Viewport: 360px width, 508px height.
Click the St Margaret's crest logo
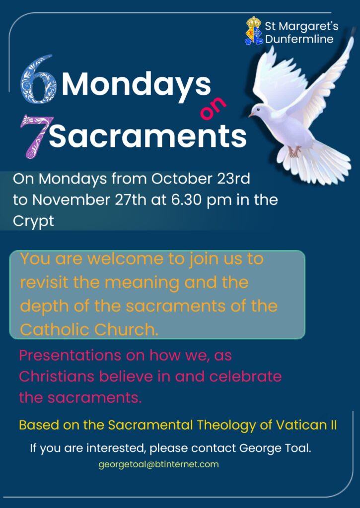tap(254, 31)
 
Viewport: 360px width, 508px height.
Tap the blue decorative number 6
tap(38, 79)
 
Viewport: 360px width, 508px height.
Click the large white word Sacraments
tap(148, 135)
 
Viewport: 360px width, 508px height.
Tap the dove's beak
tap(251, 115)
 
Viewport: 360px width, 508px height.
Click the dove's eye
tap(258, 111)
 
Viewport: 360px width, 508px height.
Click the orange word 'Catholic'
tap(55, 329)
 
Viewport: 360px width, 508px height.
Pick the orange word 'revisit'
tap(44, 282)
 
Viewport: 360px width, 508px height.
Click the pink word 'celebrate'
tap(245, 377)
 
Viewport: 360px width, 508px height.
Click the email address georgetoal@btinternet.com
tap(158, 464)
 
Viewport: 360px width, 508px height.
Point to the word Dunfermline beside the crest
tap(299, 39)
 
